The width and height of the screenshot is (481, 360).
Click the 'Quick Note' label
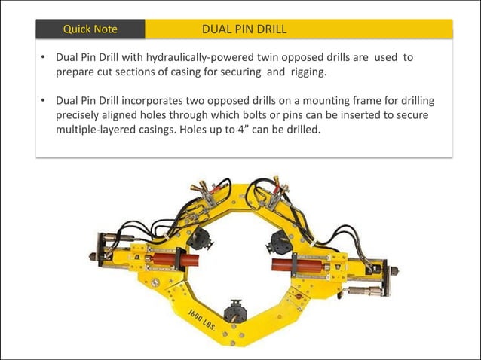coord(90,29)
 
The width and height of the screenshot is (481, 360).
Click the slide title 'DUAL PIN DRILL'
coord(244,29)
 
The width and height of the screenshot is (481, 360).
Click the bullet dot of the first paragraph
coord(44,57)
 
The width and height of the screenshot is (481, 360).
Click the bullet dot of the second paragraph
coord(44,100)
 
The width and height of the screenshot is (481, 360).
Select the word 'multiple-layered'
coord(99,130)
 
